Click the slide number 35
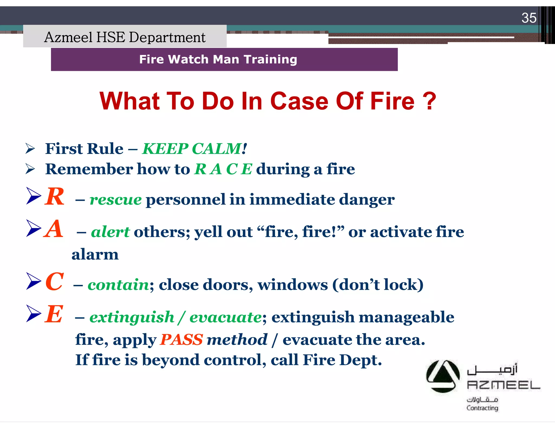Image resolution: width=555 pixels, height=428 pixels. point(529,18)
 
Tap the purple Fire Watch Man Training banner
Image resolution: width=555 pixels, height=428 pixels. point(224,60)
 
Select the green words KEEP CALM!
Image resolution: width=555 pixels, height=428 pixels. point(194,149)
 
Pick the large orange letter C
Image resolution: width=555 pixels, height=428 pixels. point(55,282)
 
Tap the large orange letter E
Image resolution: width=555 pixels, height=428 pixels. point(54,314)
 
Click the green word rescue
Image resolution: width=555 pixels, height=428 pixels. point(115,200)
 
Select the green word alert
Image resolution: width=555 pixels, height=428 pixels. point(110,232)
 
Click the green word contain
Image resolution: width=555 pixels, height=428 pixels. point(118,285)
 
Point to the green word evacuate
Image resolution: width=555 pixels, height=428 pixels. point(225,317)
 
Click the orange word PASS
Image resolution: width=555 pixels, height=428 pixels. point(181,340)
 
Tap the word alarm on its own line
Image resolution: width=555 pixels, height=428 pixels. point(95,255)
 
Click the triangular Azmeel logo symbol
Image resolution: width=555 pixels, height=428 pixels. point(443,376)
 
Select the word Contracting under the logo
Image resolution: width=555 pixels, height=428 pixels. point(482,408)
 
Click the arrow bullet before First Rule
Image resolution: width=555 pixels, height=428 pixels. point(30,149)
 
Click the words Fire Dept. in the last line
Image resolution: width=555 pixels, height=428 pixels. point(342,360)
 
